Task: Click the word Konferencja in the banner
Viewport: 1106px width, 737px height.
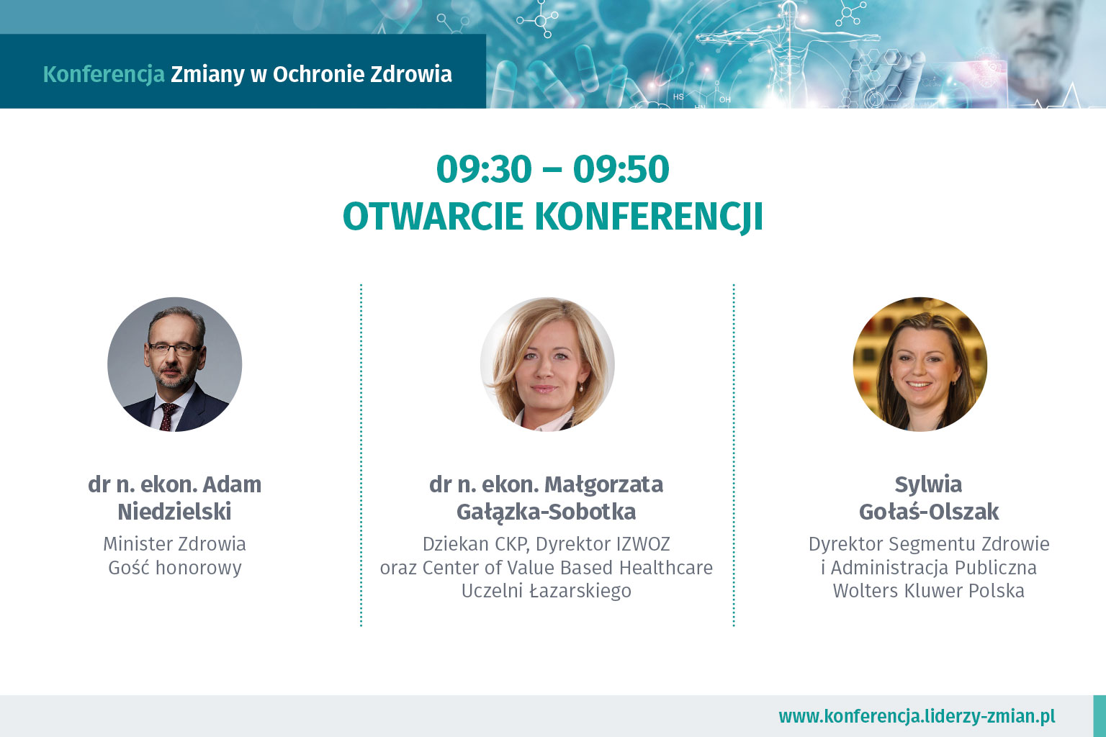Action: coord(104,75)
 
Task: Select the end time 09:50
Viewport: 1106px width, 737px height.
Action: coord(621,169)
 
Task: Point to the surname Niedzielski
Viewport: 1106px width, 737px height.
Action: coord(174,512)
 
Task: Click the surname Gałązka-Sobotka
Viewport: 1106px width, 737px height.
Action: coord(546,512)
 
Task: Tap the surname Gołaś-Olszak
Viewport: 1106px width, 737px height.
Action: coord(929,512)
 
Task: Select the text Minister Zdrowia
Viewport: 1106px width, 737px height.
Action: coord(174,544)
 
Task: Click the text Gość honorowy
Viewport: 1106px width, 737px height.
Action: coord(175,568)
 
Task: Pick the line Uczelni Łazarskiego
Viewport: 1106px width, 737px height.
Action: coord(546,591)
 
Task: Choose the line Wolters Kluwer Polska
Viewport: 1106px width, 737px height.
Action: coord(928,591)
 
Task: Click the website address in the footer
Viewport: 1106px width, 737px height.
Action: coord(917,716)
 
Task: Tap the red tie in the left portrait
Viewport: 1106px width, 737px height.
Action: coord(168,417)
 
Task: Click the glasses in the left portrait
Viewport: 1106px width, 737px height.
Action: coord(174,349)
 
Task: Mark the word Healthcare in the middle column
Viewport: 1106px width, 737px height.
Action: coord(666,568)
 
